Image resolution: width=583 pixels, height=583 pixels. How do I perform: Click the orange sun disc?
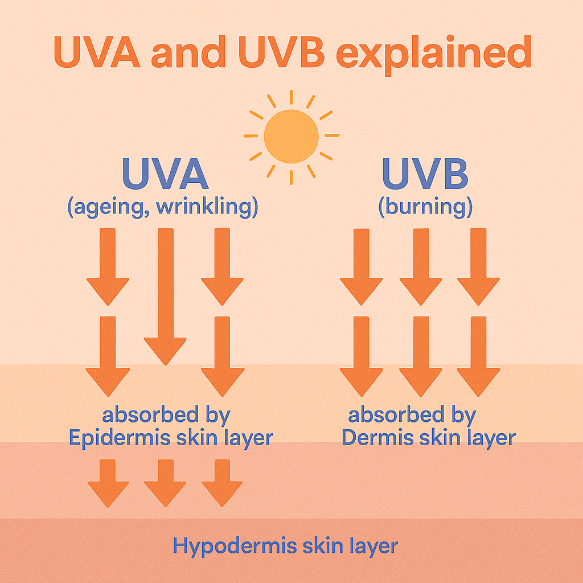point(291,136)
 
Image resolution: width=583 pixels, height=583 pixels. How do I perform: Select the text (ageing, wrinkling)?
point(163,206)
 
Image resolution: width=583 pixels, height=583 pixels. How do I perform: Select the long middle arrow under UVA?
point(165,296)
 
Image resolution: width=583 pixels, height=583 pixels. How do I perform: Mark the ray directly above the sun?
point(291,97)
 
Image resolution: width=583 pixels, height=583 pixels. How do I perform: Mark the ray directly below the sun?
point(291,174)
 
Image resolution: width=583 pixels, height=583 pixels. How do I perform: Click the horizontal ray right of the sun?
point(331,136)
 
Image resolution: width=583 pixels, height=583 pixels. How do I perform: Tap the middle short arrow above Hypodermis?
point(165,483)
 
